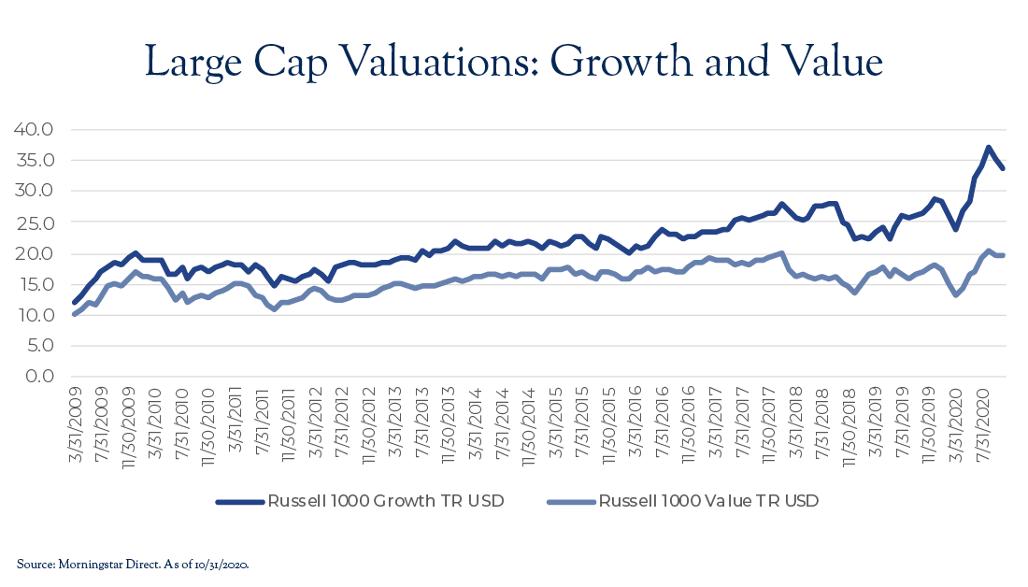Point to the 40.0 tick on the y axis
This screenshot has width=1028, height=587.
click(x=34, y=129)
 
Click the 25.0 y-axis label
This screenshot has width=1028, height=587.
click(x=34, y=222)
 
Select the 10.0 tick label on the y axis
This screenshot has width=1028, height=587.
click(x=34, y=315)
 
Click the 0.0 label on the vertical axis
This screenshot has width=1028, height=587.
click(x=39, y=377)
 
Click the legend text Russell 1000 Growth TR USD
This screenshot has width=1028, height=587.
click(x=386, y=501)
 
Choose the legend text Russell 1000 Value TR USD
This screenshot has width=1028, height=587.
click(x=709, y=501)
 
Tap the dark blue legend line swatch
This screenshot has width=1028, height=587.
click(x=238, y=502)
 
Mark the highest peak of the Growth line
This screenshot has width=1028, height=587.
click(x=988, y=148)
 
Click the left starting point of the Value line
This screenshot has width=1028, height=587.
click(x=75, y=314)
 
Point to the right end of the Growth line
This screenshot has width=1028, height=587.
click(x=1002, y=168)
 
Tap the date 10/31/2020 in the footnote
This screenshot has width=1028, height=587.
click(x=223, y=564)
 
